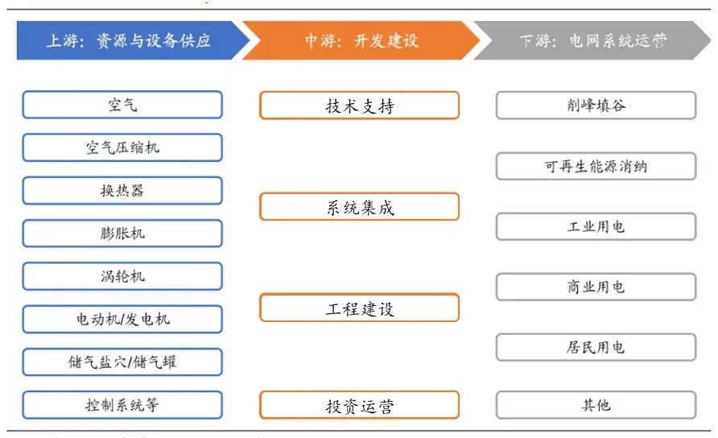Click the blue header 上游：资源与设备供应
[x=129, y=40]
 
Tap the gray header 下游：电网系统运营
[x=594, y=40]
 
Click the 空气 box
[x=122, y=105]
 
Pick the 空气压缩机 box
[x=122, y=147]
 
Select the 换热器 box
[x=122, y=191]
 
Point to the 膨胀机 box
[x=122, y=233]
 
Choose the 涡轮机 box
[x=122, y=276]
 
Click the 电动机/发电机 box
[x=122, y=319]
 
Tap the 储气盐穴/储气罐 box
[x=122, y=362]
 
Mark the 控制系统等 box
[x=122, y=404]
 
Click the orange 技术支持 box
[x=359, y=105]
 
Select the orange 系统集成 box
[x=359, y=207]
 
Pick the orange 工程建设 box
[x=359, y=308]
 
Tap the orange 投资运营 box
[x=359, y=405]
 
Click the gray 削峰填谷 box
[x=596, y=105]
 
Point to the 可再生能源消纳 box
[x=596, y=167]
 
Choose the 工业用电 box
[x=596, y=226]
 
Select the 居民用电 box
[x=596, y=347]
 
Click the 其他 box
[x=596, y=405]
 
